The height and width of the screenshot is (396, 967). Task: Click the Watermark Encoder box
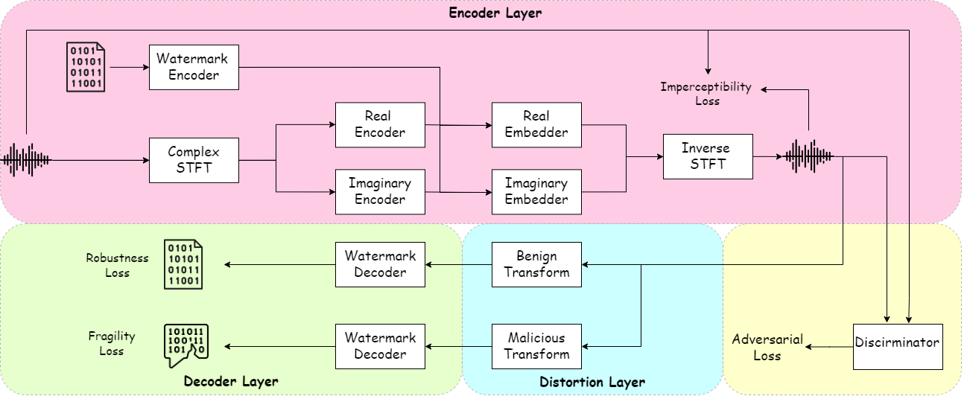(x=194, y=67)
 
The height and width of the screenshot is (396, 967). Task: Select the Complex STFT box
(x=194, y=160)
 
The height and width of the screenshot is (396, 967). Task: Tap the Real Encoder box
(x=380, y=124)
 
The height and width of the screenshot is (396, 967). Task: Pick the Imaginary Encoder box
(x=380, y=191)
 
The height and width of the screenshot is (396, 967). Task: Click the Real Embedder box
(x=536, y=124)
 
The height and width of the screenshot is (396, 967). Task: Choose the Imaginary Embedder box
(x=536, y=191)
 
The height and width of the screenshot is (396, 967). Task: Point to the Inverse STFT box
(x=707, y=156)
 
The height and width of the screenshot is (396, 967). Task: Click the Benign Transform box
(x=536, y=264)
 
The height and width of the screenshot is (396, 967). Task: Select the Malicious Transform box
(x=536, y=346)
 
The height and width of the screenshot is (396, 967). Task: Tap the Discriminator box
(x=898, y=346)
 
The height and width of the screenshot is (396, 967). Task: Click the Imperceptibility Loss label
(x=706, y=94)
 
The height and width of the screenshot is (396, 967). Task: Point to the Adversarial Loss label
(x=767, y=348)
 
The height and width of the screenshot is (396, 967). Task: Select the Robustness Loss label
(x=117, y=266)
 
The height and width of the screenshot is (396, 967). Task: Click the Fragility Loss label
(x=111, y=344)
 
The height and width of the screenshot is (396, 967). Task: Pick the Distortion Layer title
(x=592, y=383)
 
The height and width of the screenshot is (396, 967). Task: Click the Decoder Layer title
(x=231, y=382)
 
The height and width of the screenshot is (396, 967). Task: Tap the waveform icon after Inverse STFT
(x=808, y=156)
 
